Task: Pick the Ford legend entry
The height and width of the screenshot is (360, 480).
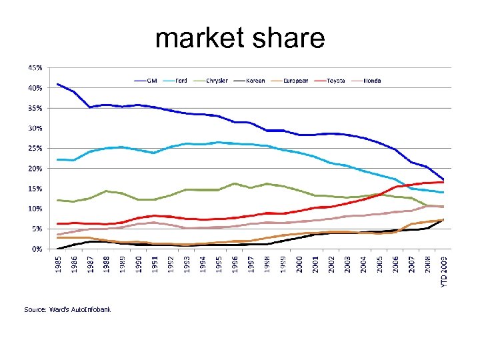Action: pos(181,81)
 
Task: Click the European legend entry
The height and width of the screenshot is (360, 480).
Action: pos(295,81)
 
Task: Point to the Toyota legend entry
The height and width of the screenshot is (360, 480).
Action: pos(335,81)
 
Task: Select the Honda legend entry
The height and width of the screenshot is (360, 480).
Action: pos(372,81)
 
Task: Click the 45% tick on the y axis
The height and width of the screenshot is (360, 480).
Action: pos(35,68)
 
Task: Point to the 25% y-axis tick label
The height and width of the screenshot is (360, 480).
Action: pos(35,148)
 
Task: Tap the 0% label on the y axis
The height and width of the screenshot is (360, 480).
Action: pos(37,249)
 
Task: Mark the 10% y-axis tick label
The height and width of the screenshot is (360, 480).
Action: pos(35,209)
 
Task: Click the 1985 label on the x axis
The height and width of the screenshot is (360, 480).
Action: pos(59,262)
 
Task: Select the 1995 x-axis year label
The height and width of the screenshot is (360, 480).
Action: pos(220,262)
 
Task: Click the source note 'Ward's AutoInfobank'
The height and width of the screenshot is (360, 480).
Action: pos(67,309)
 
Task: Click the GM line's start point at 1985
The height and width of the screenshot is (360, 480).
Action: pos(58,84)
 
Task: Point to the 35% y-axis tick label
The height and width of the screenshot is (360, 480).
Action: pos(35,108)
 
